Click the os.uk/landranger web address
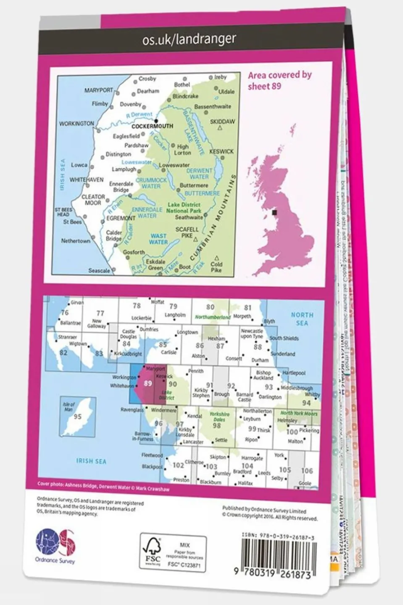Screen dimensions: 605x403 (189, 40)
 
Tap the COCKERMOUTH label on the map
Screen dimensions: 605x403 (152, 126)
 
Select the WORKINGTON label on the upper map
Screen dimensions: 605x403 (76, 124)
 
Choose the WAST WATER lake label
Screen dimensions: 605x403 (158, 239)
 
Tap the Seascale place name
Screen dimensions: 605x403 (99, 271)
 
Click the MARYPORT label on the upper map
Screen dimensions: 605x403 (99, 90)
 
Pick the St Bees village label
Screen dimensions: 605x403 (72, 222)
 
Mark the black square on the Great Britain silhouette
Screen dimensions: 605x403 (276, 213)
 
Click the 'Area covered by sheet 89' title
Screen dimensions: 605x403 (279, 80)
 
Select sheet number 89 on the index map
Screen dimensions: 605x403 (148, 383)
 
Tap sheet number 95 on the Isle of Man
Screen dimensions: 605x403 (77, 417)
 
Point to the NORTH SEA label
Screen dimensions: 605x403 (302, 319)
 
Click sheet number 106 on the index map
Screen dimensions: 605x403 (307, 471)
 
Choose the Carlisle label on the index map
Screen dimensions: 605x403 (169, 352)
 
